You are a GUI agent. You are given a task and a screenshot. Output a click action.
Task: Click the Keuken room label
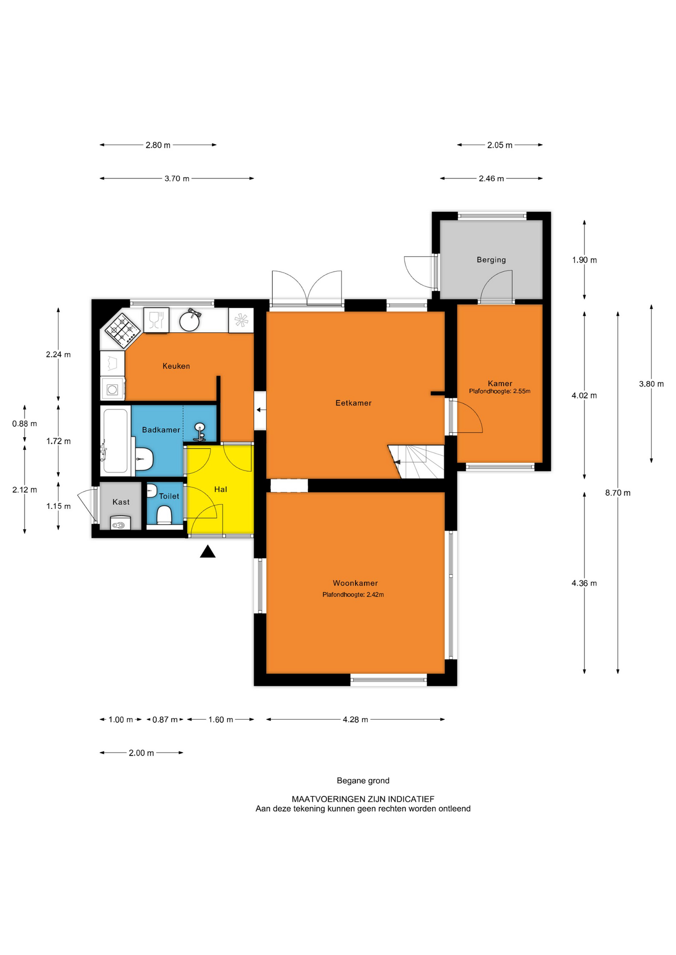pos(176,366)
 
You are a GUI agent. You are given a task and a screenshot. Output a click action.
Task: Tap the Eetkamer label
pos(353,403)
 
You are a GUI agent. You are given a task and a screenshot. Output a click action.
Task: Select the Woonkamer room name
pos(355,583)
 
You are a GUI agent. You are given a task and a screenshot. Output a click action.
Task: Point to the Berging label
pos(491,260)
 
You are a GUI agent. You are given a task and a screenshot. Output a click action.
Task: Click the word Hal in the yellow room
pos(221,489)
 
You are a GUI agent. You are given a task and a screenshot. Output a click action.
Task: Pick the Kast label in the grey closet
pos(121,502)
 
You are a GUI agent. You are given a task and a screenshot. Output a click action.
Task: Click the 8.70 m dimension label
pos(618,493)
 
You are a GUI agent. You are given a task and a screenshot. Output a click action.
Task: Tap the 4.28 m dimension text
pos(355,720)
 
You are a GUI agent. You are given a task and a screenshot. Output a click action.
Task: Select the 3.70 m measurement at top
pos(177,179)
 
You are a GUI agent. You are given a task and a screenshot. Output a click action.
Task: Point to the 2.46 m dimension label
pos(491,179)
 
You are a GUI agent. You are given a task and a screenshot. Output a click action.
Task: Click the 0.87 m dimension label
pos(165,720)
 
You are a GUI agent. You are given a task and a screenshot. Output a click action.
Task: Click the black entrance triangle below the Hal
pos(208,552)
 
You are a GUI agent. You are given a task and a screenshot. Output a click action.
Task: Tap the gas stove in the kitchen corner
pos(122,330)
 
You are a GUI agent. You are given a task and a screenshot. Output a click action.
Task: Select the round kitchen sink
pos(190,320)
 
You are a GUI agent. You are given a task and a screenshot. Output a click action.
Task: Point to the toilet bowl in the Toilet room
pos(164,515)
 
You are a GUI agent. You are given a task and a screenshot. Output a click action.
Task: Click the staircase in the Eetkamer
pos(416,462)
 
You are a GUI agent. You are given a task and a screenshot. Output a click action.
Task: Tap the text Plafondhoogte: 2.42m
pos(353,594)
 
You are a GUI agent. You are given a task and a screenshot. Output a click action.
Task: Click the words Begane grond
pos(363,781)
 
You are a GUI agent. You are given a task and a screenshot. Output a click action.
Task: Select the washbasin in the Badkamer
pos(200,432)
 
